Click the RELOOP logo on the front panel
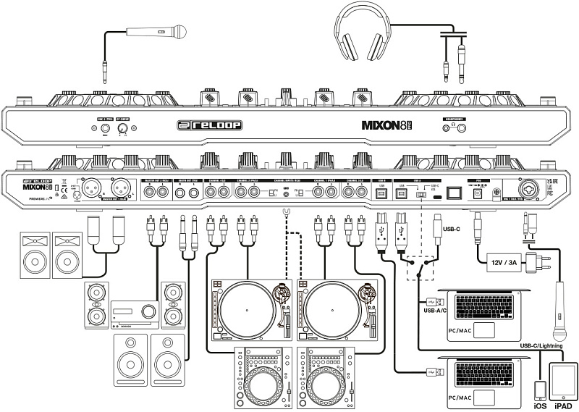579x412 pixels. (208, 125)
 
